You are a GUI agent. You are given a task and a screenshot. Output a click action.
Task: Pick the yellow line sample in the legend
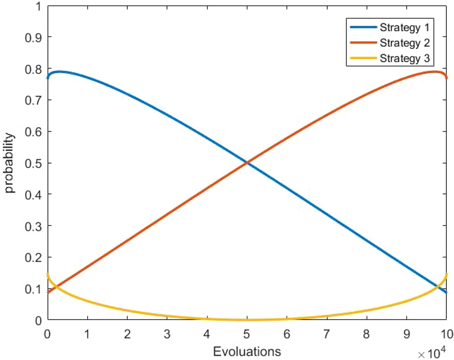(x=362, y=58)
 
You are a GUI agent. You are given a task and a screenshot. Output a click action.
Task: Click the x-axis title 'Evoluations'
(x=247, y=351)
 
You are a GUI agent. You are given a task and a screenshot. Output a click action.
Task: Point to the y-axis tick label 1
(x=37, y=6)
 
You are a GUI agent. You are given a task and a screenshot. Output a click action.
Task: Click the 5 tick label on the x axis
(x=247, y=332)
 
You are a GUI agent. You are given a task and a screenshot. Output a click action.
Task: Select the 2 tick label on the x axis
(x=127, y=332)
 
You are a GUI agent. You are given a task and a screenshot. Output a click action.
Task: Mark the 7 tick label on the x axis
(x=327, y=332)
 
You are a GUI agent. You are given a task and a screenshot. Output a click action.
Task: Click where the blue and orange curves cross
(x=247, y=163)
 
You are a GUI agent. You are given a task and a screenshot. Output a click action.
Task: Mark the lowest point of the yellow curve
(x=247, y=320)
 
